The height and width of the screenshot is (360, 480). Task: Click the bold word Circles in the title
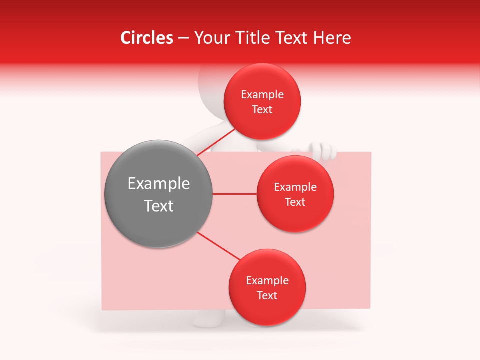(147, 38)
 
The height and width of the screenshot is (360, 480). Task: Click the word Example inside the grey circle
(159, 184)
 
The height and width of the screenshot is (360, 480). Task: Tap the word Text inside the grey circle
(159, 206)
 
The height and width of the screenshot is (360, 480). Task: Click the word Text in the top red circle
(262, 110)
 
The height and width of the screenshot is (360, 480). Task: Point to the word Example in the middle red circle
(295, 187)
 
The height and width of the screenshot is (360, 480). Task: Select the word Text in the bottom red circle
(267, 295)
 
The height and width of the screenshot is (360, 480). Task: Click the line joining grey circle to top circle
(216, 142)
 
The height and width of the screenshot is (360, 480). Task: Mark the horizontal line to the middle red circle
(235, 194)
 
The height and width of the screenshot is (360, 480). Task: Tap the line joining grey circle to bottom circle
(219, 246)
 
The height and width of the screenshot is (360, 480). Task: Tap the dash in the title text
(183, 38)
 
